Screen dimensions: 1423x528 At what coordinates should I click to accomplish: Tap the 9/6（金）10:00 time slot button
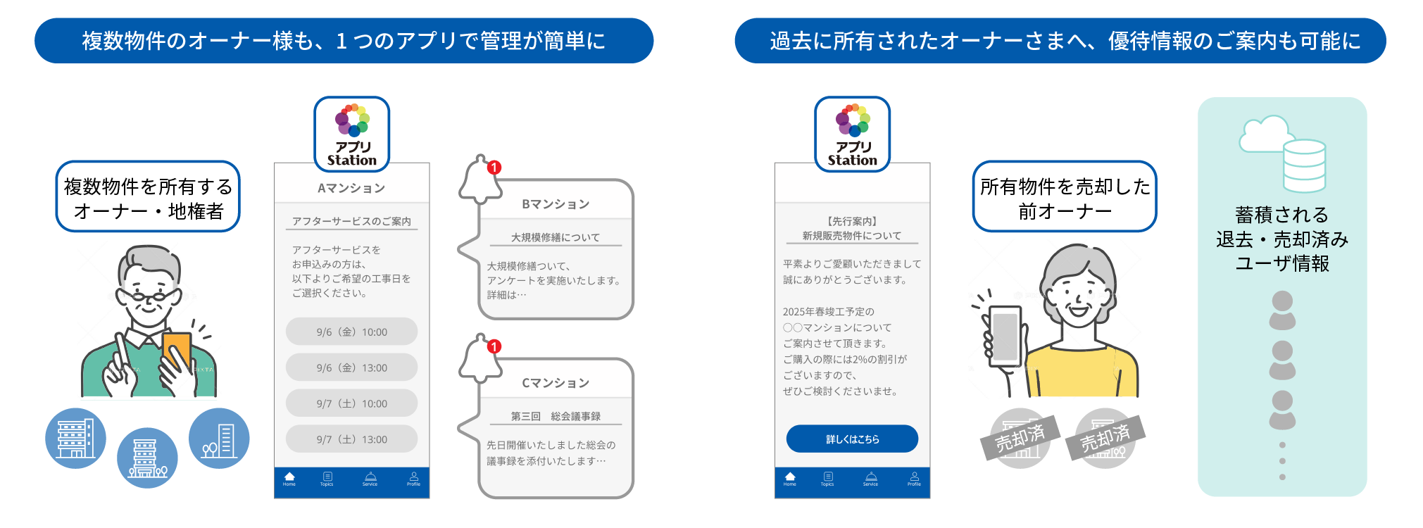[x=351, y=332]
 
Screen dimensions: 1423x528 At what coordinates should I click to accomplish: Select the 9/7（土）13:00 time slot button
[x=351, y=439]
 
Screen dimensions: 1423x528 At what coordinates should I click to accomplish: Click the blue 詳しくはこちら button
[x=852, y=439]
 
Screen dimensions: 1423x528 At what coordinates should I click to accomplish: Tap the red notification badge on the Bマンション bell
[x=494, y=168]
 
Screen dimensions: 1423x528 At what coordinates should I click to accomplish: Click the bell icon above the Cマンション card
[x=481, y=360]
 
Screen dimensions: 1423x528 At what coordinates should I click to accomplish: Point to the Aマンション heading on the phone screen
[x=351, y=188]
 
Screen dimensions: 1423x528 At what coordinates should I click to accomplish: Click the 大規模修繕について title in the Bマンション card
[x=556, y=237]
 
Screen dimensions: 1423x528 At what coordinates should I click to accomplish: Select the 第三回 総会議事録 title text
[x=556, y=416]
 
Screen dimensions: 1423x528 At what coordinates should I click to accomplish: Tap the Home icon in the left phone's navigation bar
[x=289, y=479]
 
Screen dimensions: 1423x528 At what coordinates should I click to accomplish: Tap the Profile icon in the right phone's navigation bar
[x=914, y=479]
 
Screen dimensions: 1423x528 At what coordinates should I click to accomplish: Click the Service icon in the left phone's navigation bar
[x=370, y=479]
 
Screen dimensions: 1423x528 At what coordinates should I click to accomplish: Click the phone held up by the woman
[x=1004, y=337]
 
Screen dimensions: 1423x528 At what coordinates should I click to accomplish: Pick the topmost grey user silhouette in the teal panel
[x=1282, y=310]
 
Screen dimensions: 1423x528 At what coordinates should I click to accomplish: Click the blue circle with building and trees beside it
[x=219, y=439]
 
